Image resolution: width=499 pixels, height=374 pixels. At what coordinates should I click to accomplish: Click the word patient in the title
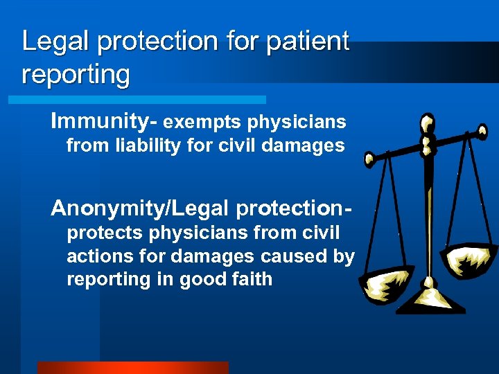coord(306,42)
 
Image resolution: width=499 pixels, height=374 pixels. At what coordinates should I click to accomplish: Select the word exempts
coord(202,123)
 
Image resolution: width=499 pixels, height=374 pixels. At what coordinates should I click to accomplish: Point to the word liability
coord(147,145)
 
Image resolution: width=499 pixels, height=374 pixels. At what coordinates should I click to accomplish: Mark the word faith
coord(252,279)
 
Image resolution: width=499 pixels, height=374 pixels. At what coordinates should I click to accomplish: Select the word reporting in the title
coord(76,75)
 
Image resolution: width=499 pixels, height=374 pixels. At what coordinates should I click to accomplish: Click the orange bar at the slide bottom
coord(132,367)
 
